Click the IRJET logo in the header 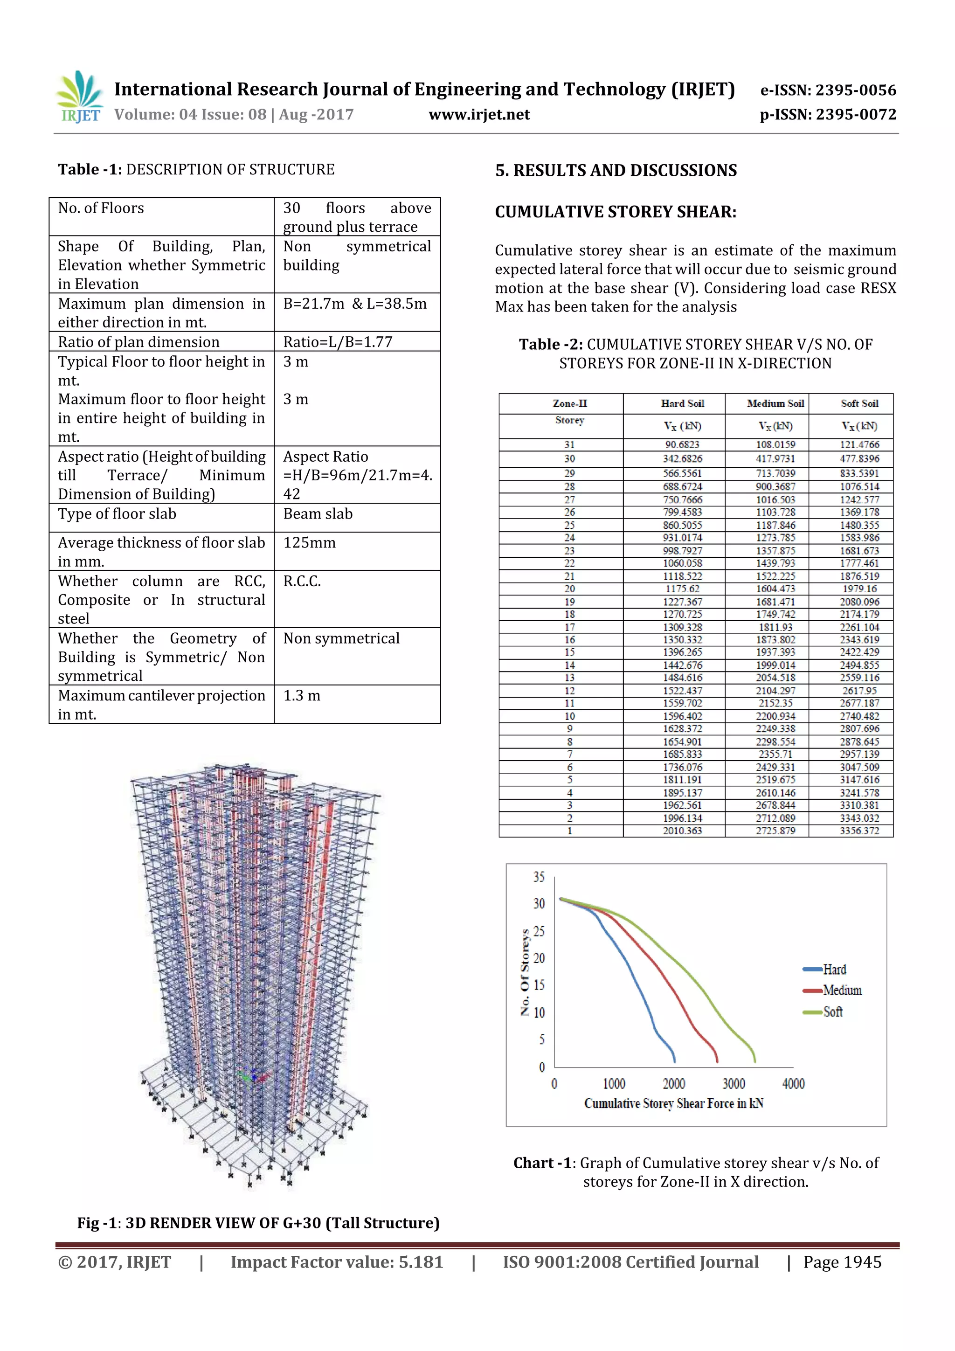click(79, 97)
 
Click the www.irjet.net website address click(479, 115)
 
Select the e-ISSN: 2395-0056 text click(828, 90)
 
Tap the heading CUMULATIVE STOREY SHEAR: click(616, 212)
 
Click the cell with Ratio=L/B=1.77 click(338, 342)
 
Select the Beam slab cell click(318, 514)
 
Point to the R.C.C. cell click(302, 582)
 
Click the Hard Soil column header click(682, 404)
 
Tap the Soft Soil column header click(859, 404)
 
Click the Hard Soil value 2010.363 click(682, 831)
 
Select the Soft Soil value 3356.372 click(859, 831)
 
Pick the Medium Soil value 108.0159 click(775, 445)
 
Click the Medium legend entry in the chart click(841, 991)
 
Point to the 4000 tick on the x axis click(793, 1084)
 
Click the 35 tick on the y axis click(539, 877)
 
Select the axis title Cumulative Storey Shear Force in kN click(673, 1103)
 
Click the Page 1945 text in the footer click(842, 1262)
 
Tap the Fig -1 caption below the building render click(258, 1223)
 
